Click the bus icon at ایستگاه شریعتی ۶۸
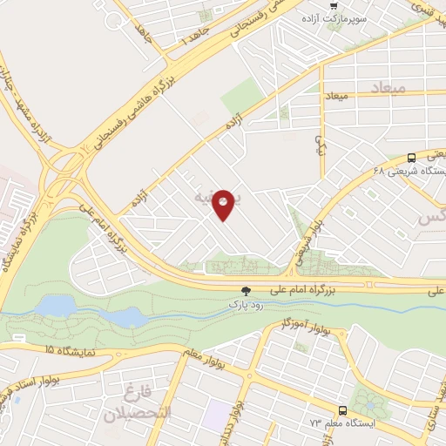[411, 158]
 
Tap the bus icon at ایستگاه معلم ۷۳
[341, 409]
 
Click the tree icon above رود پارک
[246, 292]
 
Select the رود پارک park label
[245, 305]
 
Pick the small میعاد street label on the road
[336, 93]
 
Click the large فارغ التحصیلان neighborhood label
[139, 403]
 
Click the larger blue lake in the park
[57, 305]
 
